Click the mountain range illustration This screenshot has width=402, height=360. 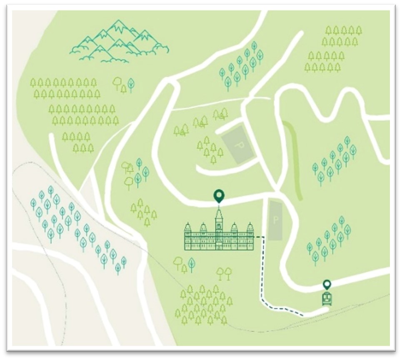[119, 42]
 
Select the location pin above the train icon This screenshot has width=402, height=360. [327, 285]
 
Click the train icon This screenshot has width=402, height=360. [327, 298]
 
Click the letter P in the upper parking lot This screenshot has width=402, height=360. [239, 146]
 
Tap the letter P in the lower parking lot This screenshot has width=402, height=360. [275, 220]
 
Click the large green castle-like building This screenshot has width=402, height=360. [219, 235]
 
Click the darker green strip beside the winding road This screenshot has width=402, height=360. [295, 158]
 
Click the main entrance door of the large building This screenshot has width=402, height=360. [219, 247]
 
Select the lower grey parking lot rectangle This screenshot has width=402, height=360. [275, 220]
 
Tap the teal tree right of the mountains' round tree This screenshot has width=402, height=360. [131, 84]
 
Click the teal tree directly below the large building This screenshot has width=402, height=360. [191, 263]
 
